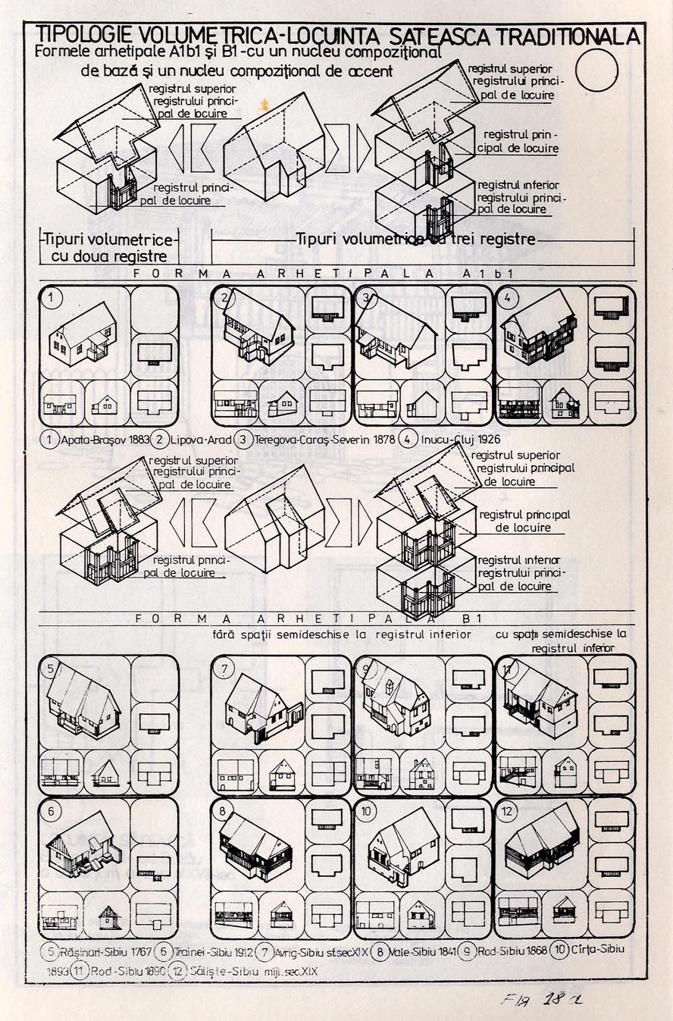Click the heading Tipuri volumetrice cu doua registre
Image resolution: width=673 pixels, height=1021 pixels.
pyautogui.click(x=108, y=248)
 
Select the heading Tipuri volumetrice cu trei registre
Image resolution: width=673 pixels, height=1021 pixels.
pyautogui.click(x=416, y=240)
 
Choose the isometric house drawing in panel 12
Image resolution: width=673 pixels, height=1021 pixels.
pyautogui.click(x=541, y=841)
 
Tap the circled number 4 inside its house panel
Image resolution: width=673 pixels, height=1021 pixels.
pyautogui.click(x=507, y=297)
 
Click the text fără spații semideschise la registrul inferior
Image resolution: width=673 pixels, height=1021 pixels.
pyautogui.click(x=341, y=634)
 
